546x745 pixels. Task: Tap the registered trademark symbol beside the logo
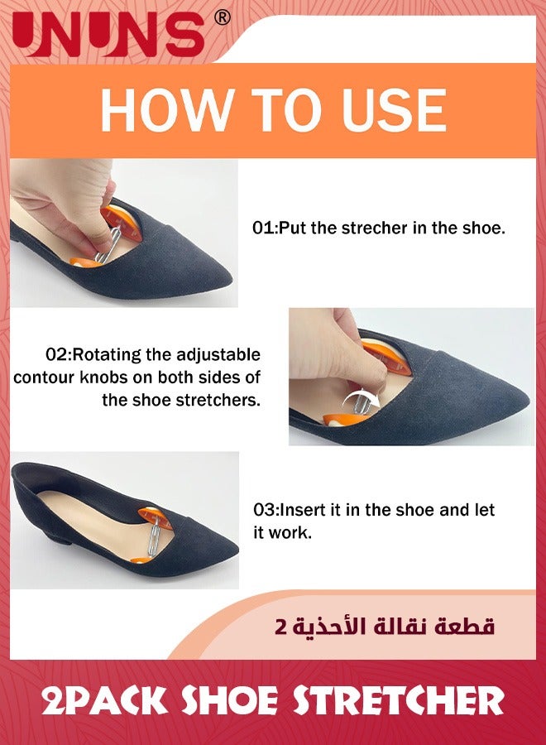[x=222, y=18]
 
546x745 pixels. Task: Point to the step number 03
[x=264, y=510]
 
